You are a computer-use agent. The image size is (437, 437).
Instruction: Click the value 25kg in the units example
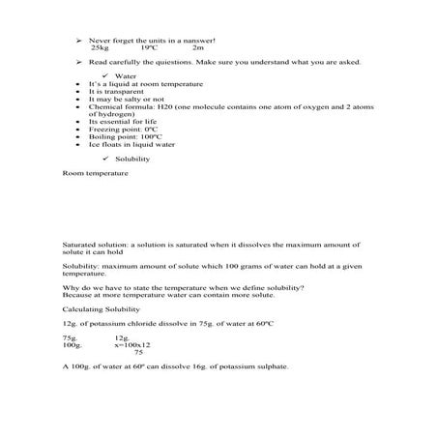(100, 46)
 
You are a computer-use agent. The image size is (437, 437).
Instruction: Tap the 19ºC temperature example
(149, 46)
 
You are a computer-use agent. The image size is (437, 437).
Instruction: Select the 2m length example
(198, 46)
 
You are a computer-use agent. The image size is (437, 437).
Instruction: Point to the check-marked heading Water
(127, 74)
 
